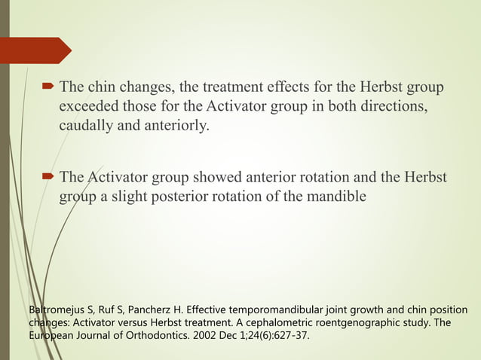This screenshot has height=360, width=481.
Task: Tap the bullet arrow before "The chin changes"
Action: (47, 87)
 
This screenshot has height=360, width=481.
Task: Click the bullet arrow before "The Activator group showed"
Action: (47, 178)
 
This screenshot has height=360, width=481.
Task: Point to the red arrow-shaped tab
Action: (41, 50)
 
